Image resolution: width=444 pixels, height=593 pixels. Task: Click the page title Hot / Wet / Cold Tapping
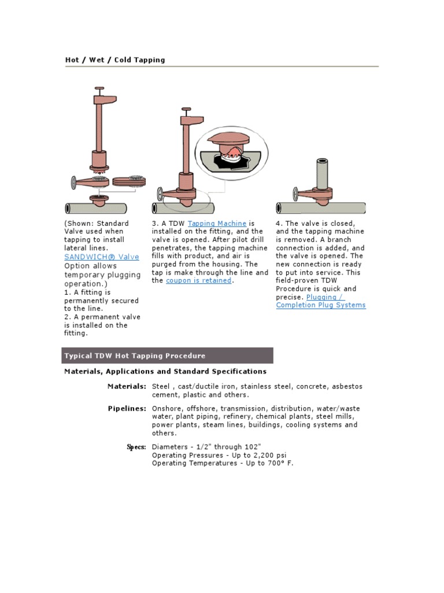[115, 60]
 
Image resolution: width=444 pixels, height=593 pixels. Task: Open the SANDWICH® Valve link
[102, 257]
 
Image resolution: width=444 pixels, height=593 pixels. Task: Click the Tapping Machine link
[217, 223]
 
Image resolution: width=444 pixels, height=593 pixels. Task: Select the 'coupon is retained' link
[199, 280]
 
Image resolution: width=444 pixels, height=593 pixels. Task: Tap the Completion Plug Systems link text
[321, 305]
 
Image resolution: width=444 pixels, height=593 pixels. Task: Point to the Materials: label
[127, 386]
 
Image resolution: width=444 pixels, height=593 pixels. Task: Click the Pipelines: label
[127, 408]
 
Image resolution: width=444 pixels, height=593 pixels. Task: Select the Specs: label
[136, 446]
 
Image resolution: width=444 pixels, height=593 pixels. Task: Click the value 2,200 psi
[268, 455]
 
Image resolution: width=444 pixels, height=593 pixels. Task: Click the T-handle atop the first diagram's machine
[99, 89]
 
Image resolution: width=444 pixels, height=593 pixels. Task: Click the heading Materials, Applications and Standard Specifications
[165, 371]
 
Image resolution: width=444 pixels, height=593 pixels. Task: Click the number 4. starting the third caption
[279, 223]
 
